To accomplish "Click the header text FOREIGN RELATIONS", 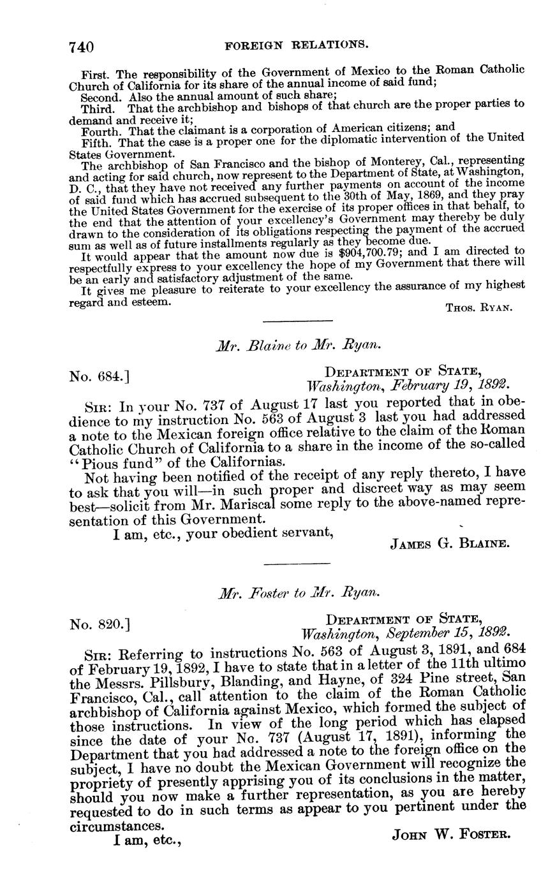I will point(297,45).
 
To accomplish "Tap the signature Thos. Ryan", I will point(478,307).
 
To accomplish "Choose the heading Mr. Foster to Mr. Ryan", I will point(299,593).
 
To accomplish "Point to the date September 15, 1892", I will point(443,634).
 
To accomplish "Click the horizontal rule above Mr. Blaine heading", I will point(297,320).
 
